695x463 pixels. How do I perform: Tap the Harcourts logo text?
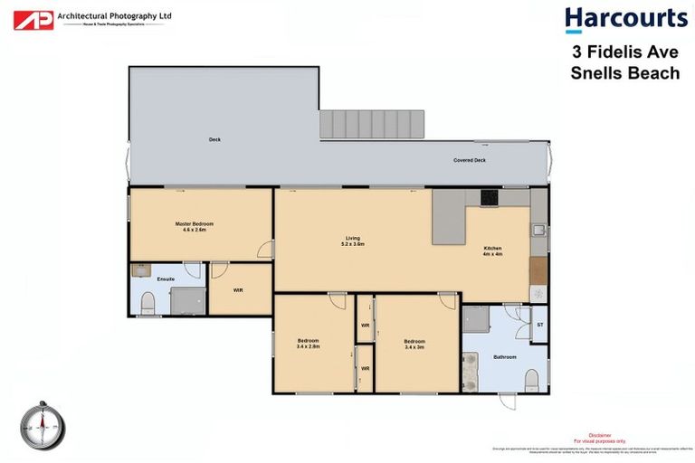click(x=625, y=19)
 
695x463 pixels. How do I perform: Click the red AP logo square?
click(x=33, y=20)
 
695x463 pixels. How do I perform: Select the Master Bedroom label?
click(x=195, y=226)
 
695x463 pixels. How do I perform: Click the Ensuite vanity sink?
click(x=141, y=269)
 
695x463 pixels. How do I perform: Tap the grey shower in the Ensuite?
click(x=188, y=299)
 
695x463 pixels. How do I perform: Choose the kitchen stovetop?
click(x=490, y=196)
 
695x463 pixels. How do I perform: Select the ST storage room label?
click(x=539, y=323)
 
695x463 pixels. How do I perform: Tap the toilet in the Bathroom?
click(x=532, y=377)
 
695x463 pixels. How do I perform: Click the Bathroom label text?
click(x=504, y=357)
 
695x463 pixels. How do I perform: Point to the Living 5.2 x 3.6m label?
click(x=352, y=241)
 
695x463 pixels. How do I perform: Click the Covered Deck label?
click(x=470, y=160)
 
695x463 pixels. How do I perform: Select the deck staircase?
click(x=373, y=124)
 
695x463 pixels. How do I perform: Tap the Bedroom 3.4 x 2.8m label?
click(x=308, y=344)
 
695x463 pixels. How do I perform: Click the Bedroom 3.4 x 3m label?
click(x=415, y=344)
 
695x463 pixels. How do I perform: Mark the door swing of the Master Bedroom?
click(x=264, y=250)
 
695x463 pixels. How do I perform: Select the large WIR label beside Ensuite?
click(x=238, y=290)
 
